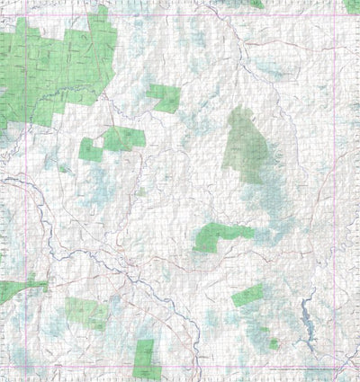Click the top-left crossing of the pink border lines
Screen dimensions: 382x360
coord(26,15)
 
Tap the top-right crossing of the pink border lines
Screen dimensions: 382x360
coord(334,15)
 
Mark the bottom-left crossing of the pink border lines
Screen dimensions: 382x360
coord(26,366)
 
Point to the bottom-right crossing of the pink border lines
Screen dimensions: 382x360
coord(334,366)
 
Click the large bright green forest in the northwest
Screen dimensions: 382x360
coord(63,63)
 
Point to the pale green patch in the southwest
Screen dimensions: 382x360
coord(87,312)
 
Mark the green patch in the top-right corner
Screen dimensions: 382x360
coord(351,5)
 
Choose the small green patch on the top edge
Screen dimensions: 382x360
coord(256,4)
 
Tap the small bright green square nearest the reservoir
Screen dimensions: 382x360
coord(273,343)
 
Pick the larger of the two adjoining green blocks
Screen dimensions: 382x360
coord(124,138)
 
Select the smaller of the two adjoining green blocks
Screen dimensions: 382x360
coord(91,149)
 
